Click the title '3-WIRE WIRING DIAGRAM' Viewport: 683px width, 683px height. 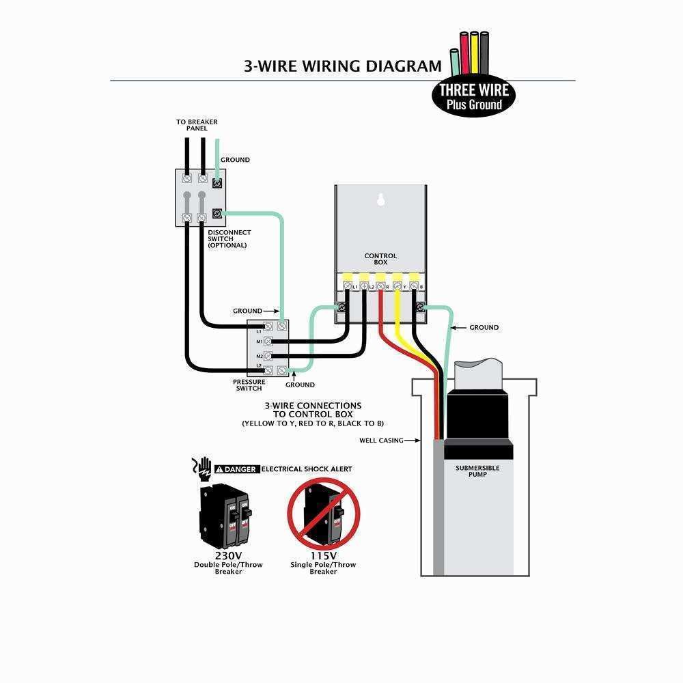point(343,66)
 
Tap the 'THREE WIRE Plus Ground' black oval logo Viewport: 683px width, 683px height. point(474,96)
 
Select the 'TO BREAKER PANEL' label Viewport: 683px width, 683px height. point(197,125)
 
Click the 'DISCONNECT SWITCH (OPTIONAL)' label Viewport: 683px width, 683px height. point(229,238)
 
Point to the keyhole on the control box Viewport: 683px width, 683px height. point(381,201)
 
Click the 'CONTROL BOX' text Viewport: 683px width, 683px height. point(380,259)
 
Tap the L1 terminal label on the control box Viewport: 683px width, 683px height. point(355,288)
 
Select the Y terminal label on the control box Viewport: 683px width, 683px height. point(406,288)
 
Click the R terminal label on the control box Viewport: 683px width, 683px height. point(388,288)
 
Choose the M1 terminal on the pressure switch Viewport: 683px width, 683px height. point(260,341)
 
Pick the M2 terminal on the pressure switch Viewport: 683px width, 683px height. point(260,356)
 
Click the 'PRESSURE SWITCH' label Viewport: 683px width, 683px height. point(249,385)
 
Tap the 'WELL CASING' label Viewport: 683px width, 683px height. point(381,441)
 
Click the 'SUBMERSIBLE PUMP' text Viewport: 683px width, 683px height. point(477,471)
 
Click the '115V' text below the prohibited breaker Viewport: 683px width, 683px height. point(323,555)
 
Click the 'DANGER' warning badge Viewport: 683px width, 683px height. point(236,469)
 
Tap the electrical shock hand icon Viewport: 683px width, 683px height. point(201,468)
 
